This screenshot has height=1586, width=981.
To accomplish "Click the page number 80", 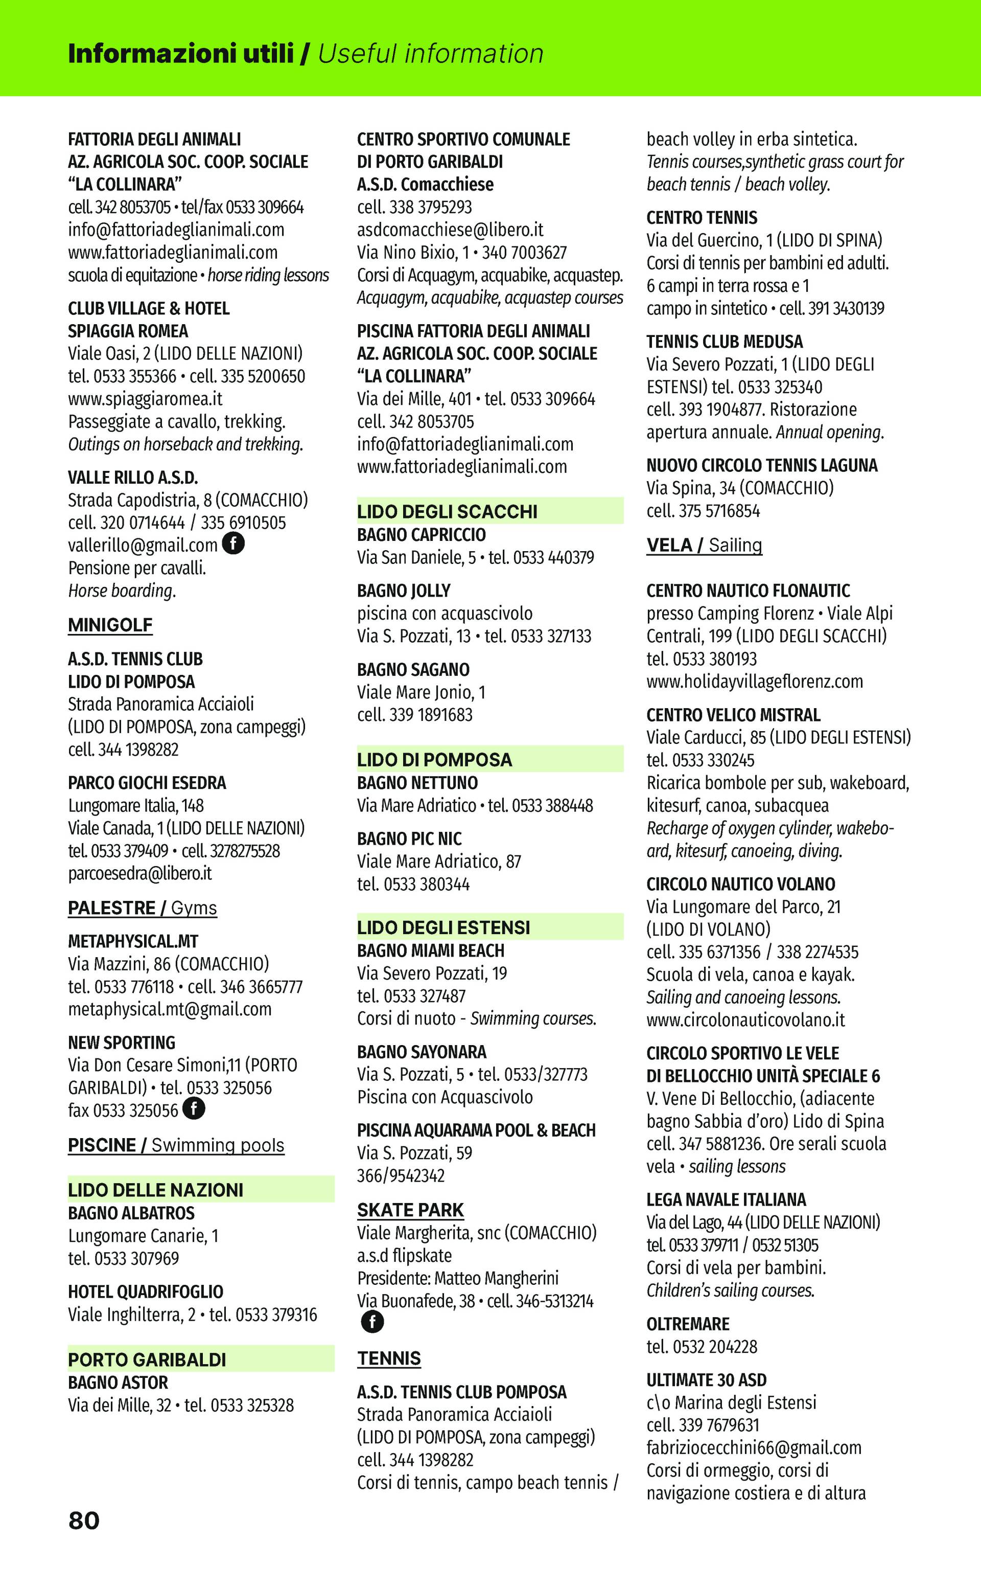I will [x=84, y=1521].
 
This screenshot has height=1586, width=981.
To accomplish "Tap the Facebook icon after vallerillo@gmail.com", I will [x=233, y=543].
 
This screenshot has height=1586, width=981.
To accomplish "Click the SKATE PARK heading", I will [x=410, y=1210].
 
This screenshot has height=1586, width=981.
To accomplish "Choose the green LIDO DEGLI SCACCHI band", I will [x=490, y=512].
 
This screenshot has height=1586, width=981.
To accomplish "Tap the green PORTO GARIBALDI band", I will [x=201, y=1360].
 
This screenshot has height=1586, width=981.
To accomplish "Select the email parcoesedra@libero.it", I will [x=140, y=873].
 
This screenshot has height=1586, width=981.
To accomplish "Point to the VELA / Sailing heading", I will [x=704, y=546].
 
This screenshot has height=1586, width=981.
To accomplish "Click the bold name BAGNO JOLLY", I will [x=404, y=591].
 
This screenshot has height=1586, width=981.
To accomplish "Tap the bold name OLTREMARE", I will [x=688, y=1324].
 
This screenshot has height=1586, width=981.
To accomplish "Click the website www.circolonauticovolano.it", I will [x=745, y=1020].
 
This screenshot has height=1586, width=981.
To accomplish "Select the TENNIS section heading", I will [x=389, y=1359].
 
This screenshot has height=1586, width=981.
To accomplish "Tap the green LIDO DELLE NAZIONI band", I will [x=201, y=1190].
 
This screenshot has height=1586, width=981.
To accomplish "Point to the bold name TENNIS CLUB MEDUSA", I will [x=724, y=342].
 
